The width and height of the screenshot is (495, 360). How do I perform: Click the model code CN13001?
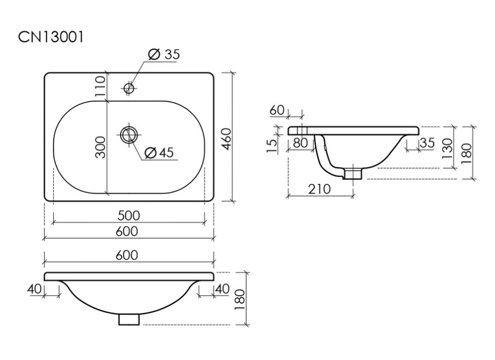[51, 37]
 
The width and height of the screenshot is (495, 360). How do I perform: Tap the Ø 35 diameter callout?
[163, 54]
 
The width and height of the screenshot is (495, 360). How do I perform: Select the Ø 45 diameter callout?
[159, 153]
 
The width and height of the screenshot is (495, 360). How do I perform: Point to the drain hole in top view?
[129, 135]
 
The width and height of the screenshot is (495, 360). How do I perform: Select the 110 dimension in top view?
[100, 86]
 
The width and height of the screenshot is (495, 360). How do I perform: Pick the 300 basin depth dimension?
[100, 147]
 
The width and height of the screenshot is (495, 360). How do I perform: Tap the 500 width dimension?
[129, 216]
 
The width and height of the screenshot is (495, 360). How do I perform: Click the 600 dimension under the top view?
[127, 231]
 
